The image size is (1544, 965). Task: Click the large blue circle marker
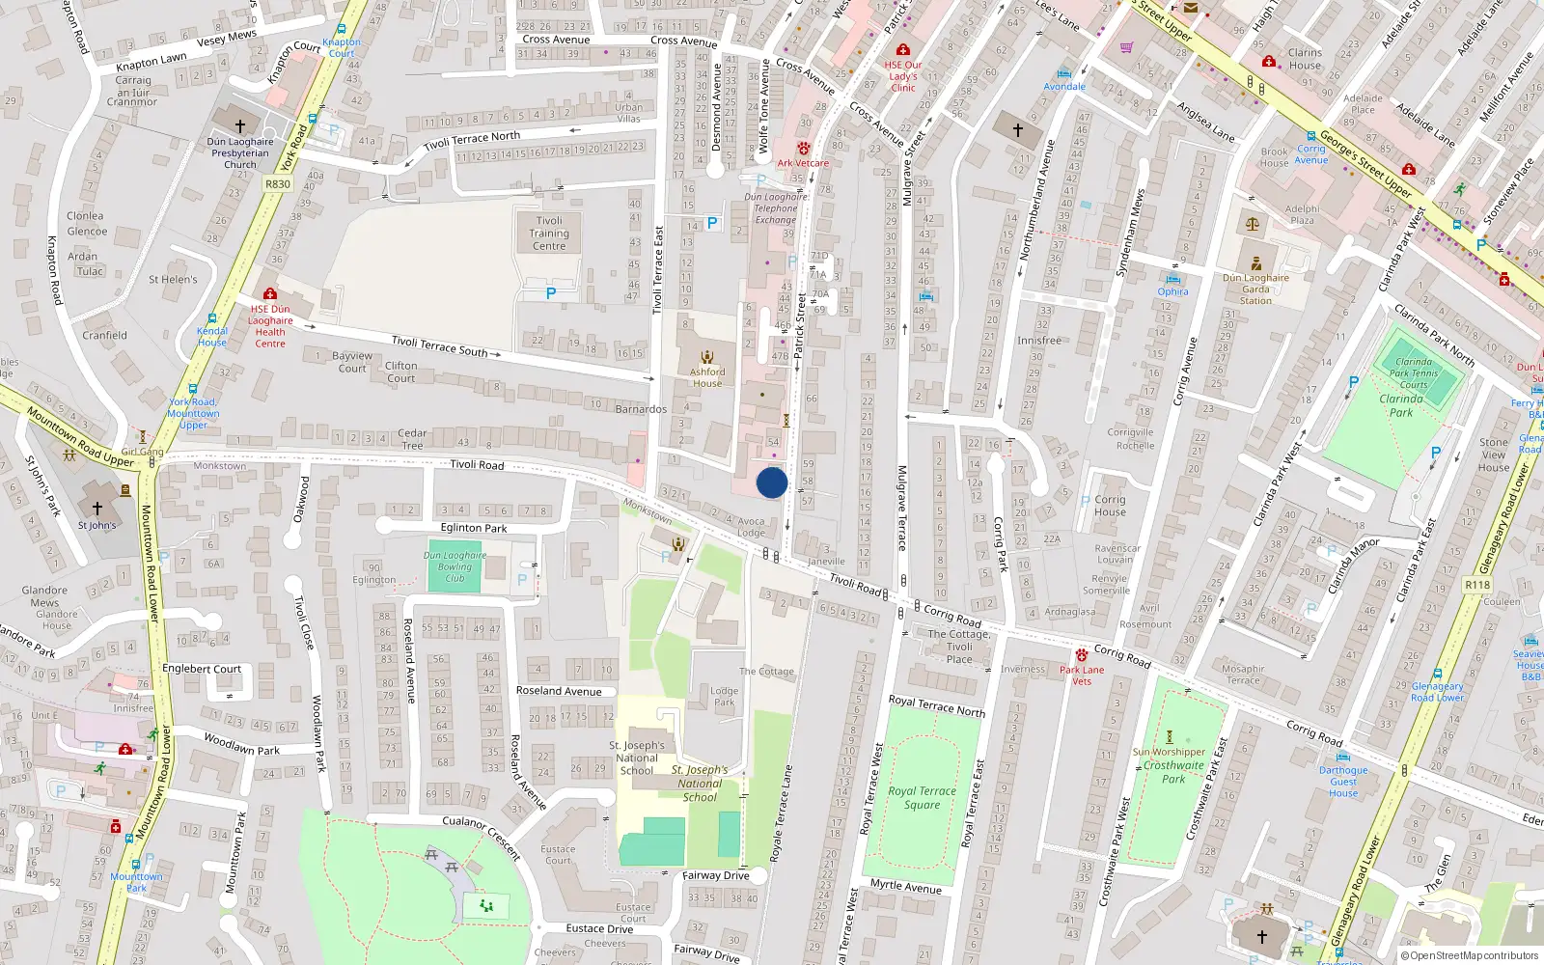772,482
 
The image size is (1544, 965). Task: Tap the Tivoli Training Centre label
549,234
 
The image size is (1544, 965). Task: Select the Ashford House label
707,377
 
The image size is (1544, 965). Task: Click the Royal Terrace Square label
922,797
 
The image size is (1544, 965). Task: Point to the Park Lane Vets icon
1082,655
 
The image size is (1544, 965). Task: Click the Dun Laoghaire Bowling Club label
455,566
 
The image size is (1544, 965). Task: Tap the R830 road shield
278,183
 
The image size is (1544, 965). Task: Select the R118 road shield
1477,585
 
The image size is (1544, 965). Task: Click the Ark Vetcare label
803,163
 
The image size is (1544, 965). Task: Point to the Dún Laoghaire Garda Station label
1255,289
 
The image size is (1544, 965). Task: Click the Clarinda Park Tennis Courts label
1414,373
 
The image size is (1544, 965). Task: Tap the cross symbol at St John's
96,508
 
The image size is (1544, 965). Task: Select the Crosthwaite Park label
1173,772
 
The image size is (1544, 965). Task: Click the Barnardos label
641,409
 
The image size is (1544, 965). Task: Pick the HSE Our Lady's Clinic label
903,76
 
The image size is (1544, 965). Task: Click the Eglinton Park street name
474,528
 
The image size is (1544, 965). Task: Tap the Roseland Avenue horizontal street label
559,691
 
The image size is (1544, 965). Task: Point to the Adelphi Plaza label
1302,214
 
